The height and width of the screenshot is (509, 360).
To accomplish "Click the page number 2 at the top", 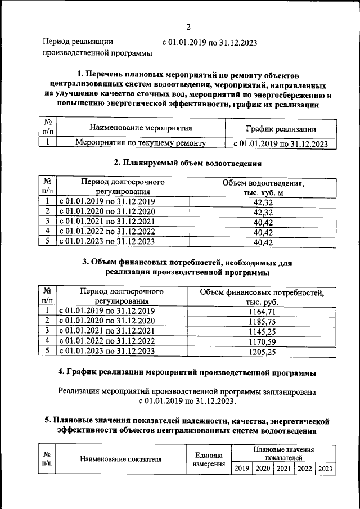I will pyautogui.click(x=188, y=26).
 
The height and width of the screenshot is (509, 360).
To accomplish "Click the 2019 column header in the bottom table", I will pyautogui.click(x=242, y=469).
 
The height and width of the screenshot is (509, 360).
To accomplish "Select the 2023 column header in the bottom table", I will pyautogui.click(x=325, y=469).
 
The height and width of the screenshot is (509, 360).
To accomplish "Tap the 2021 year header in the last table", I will pyautogui.click(x=283, y=469).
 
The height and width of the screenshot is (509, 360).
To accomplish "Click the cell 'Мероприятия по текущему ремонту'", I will pyautogui.click(x=141, y=143).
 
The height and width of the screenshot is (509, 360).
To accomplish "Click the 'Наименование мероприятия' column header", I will pyautogui.click(x=141, y=129).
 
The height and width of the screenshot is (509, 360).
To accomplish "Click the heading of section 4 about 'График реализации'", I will pyautogui.click(x=187, y=372).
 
